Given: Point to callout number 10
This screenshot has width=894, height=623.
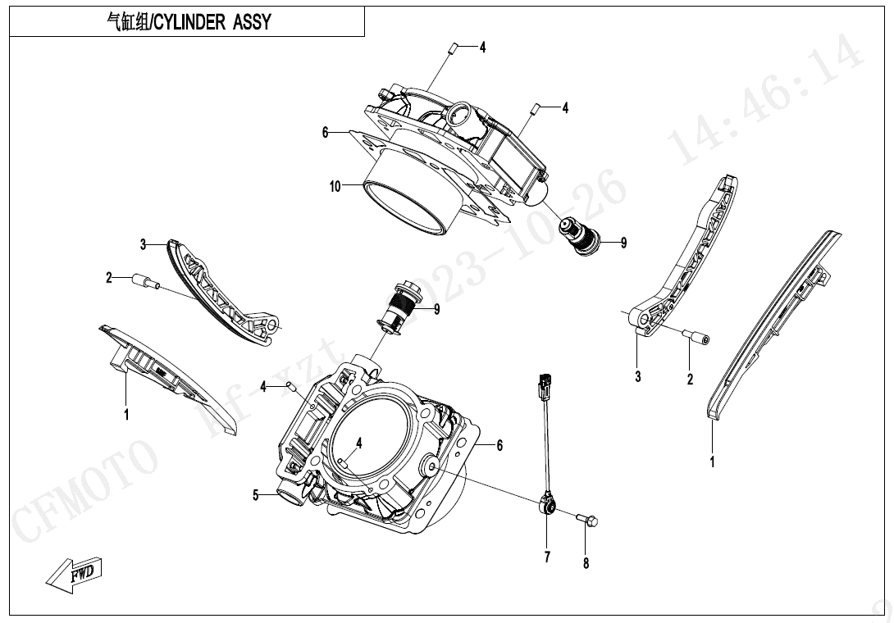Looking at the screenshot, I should point(335,187).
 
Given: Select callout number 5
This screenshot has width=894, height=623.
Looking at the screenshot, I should point(256,495).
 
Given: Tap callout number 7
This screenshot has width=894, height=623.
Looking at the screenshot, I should point(546,558).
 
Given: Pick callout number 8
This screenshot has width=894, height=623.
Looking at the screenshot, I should point(586,563).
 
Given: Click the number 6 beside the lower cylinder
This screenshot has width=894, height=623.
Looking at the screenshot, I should point(499,445).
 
